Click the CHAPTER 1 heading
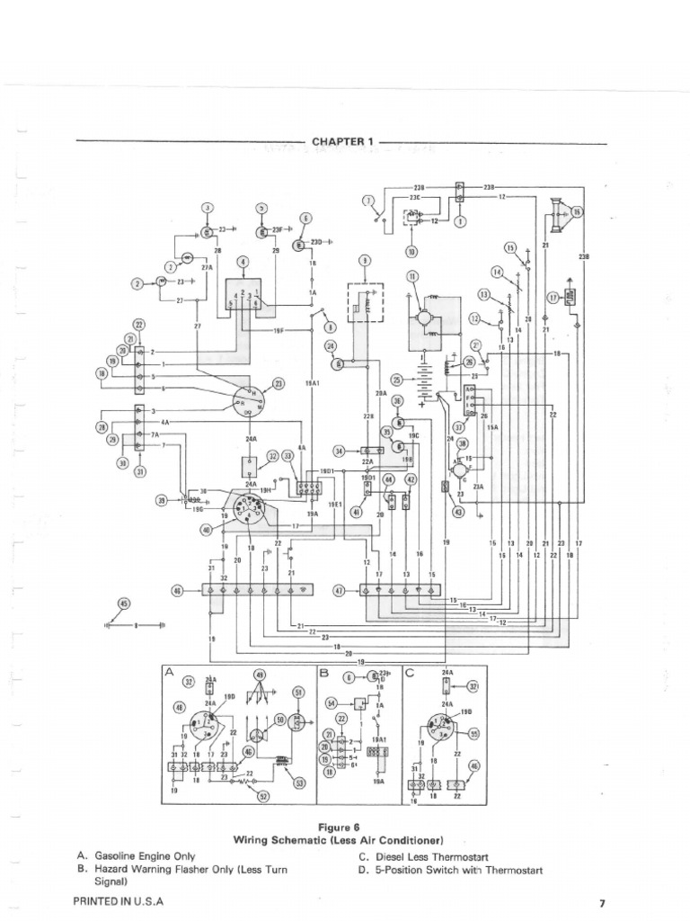tap(341, 141)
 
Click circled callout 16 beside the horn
tap(577, 212)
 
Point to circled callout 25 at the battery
tap(396, 380)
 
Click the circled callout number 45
tap(124, 604)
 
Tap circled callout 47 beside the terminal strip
tap(339, 591)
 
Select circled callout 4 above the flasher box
tap(242, 263)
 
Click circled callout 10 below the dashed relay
tap(411, 252)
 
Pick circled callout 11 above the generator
tap(412, 276)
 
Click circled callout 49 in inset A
tap(260, 675)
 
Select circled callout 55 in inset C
tap(474, 734)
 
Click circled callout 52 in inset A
tap(263, 796)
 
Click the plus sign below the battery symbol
tap(421, 404)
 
